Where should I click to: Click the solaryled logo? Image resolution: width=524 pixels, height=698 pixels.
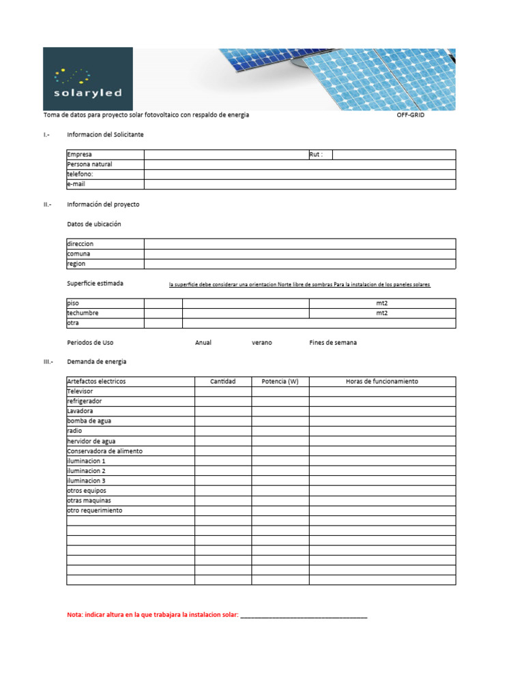tap(87, 78)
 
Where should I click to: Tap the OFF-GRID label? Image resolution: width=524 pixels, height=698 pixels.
tap(410, 115)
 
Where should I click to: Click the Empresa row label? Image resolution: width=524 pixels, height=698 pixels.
tap(80, 155)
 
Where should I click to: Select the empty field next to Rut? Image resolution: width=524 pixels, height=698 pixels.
tap(394, 155)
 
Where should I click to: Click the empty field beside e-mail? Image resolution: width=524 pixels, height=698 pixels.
tap(300, 185)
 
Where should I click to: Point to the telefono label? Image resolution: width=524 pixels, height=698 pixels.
tap(80, 174)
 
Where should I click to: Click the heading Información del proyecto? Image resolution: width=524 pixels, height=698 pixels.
tap(103, 204)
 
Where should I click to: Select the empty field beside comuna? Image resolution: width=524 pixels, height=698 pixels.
tap(300, 254)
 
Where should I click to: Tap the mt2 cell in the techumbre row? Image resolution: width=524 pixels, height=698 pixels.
tap(382, 314)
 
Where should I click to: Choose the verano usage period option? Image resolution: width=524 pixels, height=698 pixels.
tap(261, 343)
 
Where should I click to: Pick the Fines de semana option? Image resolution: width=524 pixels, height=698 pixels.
tap(332, 343)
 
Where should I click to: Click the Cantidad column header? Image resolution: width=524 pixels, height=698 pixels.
tap(223, 382)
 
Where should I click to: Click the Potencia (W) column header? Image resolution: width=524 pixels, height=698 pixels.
tap(280, 382)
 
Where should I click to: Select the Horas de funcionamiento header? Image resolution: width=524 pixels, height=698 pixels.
tap(382, 382)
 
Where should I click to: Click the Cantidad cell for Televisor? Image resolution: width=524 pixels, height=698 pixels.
tap(223, 392)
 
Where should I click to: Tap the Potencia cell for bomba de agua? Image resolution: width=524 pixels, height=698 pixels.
tap(280, 421)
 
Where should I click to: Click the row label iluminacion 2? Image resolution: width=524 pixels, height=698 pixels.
tap(87, 471)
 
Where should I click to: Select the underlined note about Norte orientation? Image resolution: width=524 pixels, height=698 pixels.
tap(300, 284)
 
